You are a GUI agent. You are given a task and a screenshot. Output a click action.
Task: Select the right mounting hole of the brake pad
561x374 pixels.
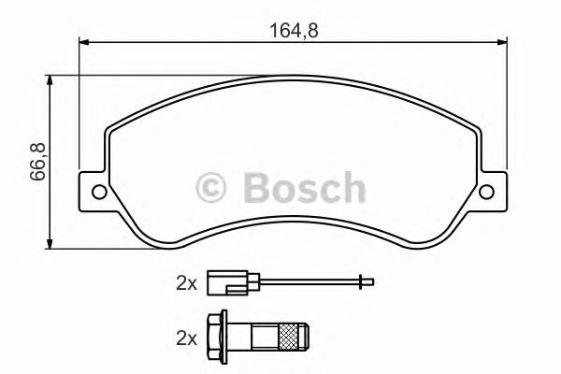coord(485,194)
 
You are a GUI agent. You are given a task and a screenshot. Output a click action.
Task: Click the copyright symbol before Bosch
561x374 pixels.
coord(213,187)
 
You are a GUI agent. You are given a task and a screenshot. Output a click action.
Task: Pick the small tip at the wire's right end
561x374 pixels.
coord(368,280)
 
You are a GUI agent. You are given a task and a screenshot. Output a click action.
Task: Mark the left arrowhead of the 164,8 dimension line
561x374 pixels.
coord(82,41)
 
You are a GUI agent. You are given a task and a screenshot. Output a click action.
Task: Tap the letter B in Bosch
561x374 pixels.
coord(254,187)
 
